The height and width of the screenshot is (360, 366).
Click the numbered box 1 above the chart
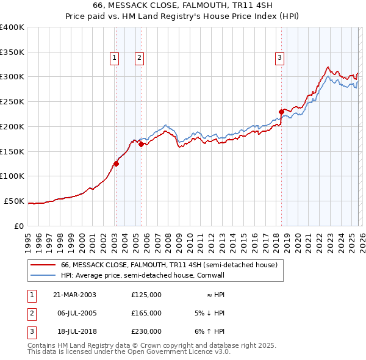115,58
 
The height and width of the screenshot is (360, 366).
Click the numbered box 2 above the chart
139,58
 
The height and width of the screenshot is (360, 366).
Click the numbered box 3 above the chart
279,58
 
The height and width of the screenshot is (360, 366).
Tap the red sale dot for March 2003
116,163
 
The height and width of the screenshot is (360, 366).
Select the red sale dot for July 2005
141,145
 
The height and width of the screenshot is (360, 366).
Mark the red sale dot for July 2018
281,112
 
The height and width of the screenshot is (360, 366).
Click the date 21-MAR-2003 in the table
74,294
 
